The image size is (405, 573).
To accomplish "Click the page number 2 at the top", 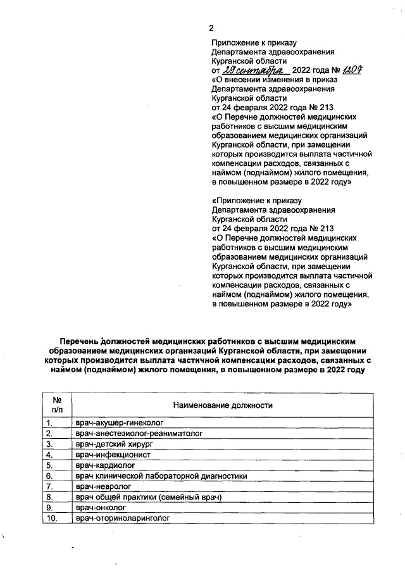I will coord(213,28).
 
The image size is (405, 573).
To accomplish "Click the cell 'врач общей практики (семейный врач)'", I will coord(148,497).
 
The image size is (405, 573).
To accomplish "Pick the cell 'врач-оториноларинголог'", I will coord(123,519).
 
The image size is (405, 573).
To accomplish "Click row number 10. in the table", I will coord(51,519).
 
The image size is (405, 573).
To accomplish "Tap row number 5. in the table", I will coord(48,465).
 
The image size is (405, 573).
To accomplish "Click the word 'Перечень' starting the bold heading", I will coord(80,341).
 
